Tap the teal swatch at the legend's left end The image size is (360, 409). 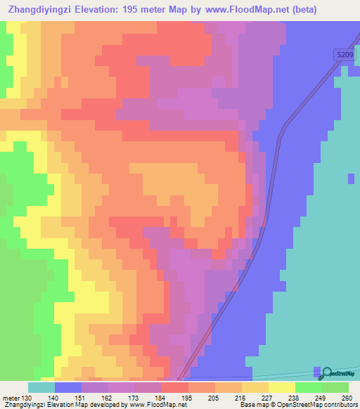pyautogui.click(x=41, y=388)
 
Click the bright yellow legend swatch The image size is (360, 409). pyautogui.click(x=282, y=388)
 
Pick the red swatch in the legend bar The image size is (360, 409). pyautogui.click(x=175, y=388)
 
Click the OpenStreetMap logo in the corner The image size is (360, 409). pyautogui.click(x=338, y=372)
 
